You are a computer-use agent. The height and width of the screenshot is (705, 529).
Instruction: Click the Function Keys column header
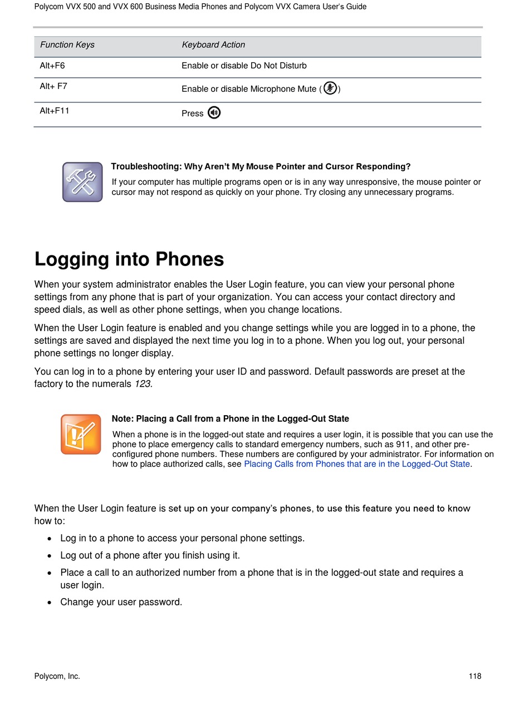tap(67, 45)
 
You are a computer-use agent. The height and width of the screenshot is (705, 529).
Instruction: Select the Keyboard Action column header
tap(213, 45)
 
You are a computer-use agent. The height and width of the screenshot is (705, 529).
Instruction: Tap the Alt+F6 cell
tap(52, 66)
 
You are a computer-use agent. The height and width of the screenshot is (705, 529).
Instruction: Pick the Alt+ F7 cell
tap(53, 86)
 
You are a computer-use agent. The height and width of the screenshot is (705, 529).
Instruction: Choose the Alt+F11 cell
tap(55, 111)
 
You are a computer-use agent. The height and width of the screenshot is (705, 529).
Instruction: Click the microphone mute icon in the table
tap(330, 88)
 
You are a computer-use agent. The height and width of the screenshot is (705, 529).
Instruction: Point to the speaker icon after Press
tap(214, 113)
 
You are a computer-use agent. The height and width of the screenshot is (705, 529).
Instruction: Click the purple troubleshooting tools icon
tap(82, 182)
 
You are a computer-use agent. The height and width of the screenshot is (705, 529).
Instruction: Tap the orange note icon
tap(81, 434)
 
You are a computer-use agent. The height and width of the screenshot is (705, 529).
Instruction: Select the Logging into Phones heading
tap(129, 259)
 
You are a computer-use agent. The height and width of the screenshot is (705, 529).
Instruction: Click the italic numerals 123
tap(143, 384)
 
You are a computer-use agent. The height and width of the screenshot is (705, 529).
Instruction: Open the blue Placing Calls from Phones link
tap(357, 464)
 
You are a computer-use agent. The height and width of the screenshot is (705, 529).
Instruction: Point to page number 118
tap(474, 677)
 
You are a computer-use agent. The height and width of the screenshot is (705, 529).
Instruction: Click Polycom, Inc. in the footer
tap(57, 677)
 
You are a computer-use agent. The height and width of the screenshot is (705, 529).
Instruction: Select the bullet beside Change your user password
tap(50, 602)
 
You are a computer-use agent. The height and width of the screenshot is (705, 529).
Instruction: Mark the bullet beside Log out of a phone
tap(50, 555)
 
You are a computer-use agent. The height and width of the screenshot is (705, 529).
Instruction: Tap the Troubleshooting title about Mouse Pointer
tap(261, 166)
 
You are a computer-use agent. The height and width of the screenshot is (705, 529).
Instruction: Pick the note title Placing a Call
tap(230, 419)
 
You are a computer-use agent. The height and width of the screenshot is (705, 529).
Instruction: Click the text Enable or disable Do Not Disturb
tap(244, 66)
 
